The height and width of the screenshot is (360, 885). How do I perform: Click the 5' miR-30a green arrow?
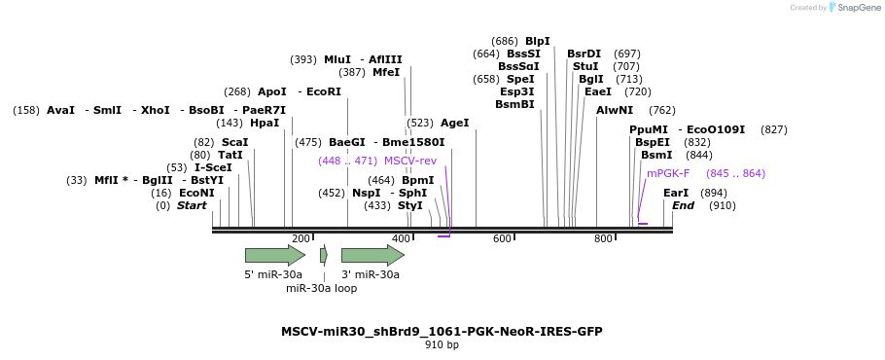click(274, 255)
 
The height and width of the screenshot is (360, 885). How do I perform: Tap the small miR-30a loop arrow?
click(324, 255)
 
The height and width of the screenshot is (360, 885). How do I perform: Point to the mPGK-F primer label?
click(668, 173)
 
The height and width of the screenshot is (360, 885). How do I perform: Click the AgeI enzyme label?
click(454, 124)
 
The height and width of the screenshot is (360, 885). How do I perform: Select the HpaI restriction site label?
click(264, 124)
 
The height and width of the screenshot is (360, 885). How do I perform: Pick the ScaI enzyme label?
click(234, 142)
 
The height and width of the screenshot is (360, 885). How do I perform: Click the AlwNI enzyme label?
click(615, 110)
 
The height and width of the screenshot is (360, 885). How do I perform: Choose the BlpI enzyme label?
click(537, 41)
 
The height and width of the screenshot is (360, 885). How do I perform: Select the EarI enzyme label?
click(676, 193)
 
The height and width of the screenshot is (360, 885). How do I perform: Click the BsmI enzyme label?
click(656, 155)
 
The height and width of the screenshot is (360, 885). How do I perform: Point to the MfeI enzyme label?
click(386, 72)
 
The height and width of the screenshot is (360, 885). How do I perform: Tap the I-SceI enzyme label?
click(213, 167)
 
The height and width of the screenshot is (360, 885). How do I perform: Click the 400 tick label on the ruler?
click(401, 239)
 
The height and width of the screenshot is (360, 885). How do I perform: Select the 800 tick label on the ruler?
click(603, 239)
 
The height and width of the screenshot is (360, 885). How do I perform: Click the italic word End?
click(683, 205)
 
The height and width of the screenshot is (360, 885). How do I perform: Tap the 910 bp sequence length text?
click(442, 344)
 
